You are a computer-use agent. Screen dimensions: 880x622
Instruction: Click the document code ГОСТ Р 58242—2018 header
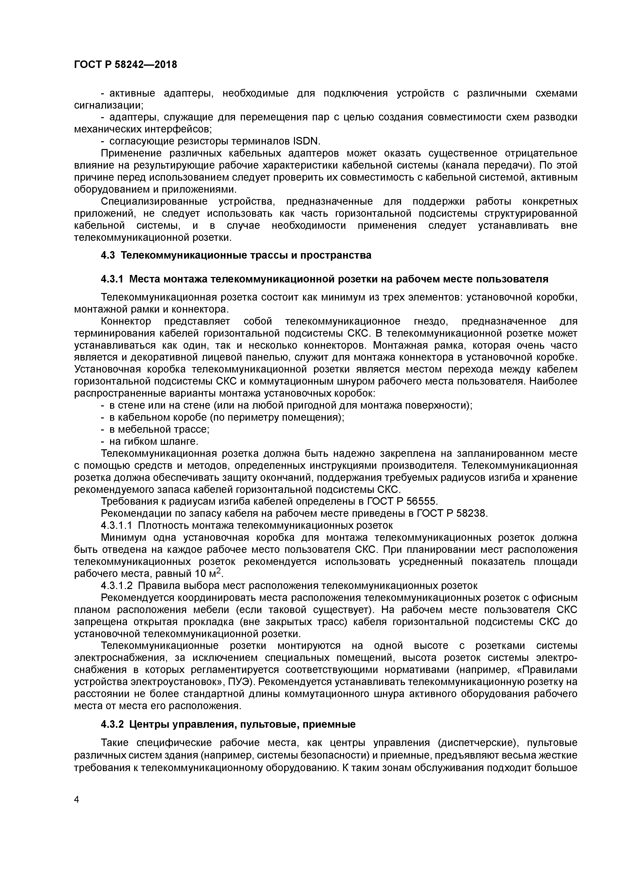125,65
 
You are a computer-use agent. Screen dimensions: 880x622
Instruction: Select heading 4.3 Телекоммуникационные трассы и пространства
236,255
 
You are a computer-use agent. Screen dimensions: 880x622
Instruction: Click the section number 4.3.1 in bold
112,279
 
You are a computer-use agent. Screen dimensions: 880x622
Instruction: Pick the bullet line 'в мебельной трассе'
159,429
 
